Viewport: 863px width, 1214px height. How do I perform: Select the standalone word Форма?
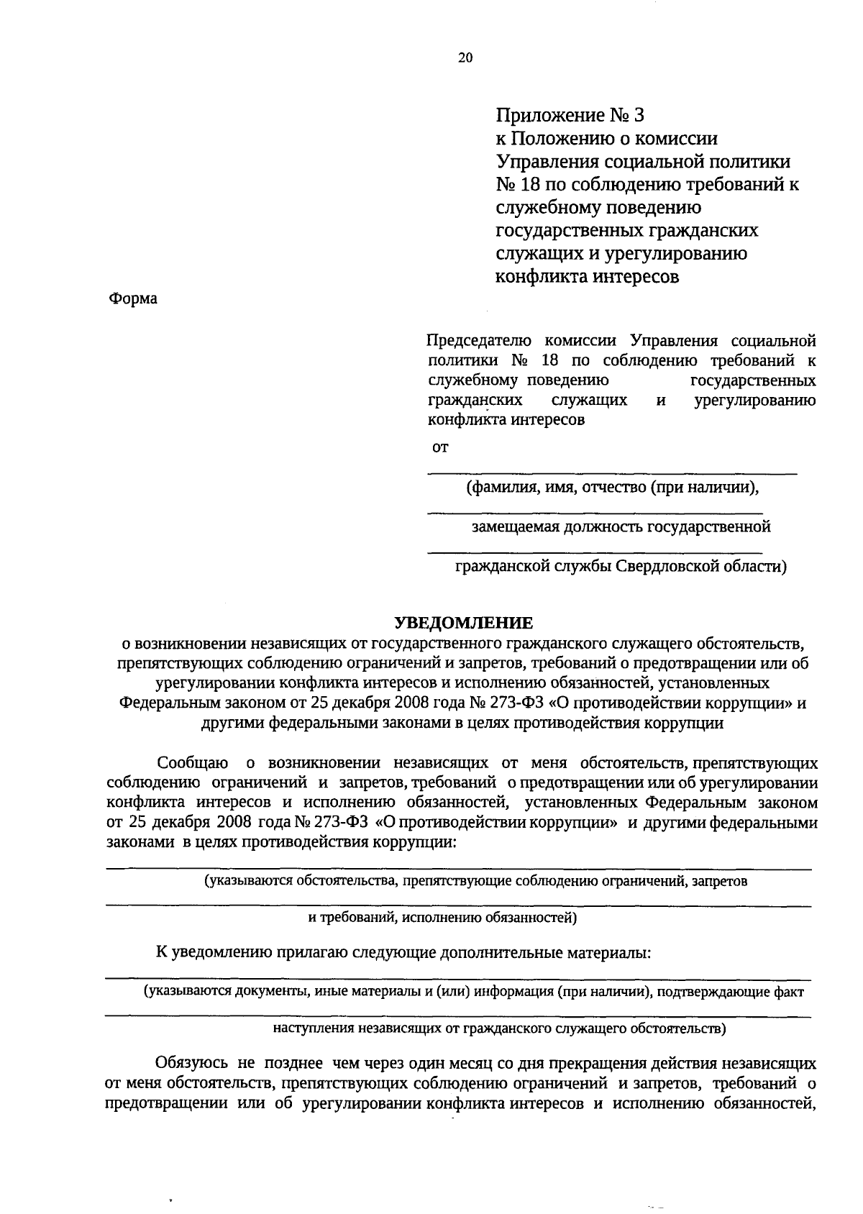coord(132,298)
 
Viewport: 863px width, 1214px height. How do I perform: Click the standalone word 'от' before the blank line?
coord(439,447)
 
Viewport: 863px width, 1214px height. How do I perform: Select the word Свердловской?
coord(668,567)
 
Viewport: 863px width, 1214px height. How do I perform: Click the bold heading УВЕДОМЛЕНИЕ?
coord(464,623)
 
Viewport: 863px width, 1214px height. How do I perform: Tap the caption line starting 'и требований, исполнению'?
coord(442,918)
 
